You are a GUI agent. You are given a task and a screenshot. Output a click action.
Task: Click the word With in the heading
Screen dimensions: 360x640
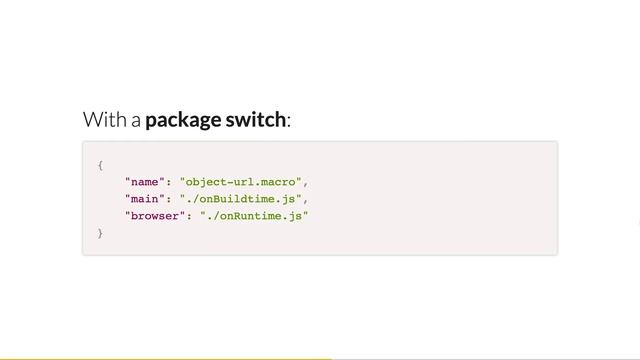[103, 120]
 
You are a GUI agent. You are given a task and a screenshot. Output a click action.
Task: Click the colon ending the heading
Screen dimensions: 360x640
[289, 122]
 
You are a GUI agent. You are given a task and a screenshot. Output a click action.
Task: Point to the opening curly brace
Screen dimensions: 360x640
[100, 164]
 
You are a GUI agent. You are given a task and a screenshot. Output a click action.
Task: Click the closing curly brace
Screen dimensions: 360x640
[100, 232]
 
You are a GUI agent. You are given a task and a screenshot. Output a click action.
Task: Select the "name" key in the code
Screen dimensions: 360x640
[144, 181]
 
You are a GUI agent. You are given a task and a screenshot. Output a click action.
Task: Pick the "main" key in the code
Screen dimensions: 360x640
[144, 198]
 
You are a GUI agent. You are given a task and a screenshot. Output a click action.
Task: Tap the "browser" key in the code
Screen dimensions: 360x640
[154, 215]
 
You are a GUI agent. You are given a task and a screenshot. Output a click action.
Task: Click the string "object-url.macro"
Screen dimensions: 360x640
[240, 181]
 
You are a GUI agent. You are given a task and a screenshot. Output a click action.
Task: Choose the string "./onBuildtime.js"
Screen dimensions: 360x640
[240, 198]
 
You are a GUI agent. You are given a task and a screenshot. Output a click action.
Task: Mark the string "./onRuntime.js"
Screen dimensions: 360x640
[254, 215]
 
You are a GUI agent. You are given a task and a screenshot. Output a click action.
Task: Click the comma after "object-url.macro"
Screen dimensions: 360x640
[305, 183]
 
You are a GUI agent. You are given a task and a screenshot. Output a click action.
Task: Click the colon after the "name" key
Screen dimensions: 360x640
[168, 181]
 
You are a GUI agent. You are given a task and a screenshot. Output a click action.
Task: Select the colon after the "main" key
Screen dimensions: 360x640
[168, 198]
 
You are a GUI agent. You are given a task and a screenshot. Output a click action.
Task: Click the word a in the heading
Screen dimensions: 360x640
[134, 122]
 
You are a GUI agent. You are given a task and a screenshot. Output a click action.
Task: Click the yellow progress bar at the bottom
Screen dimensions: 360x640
[165, 357]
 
